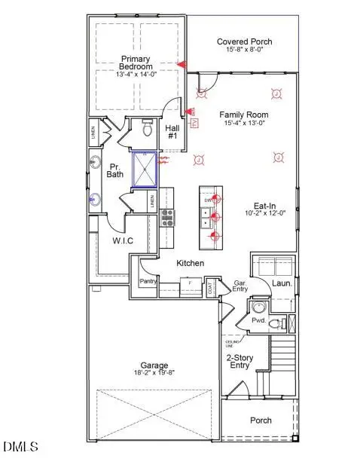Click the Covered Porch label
pos(244,41)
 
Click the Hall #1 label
pos(172,131)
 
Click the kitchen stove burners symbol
pos(168,219)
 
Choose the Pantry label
pos(147,282)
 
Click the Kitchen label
pos(191,263)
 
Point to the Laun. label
pos(282,285)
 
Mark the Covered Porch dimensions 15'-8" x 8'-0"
pos(244,50)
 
